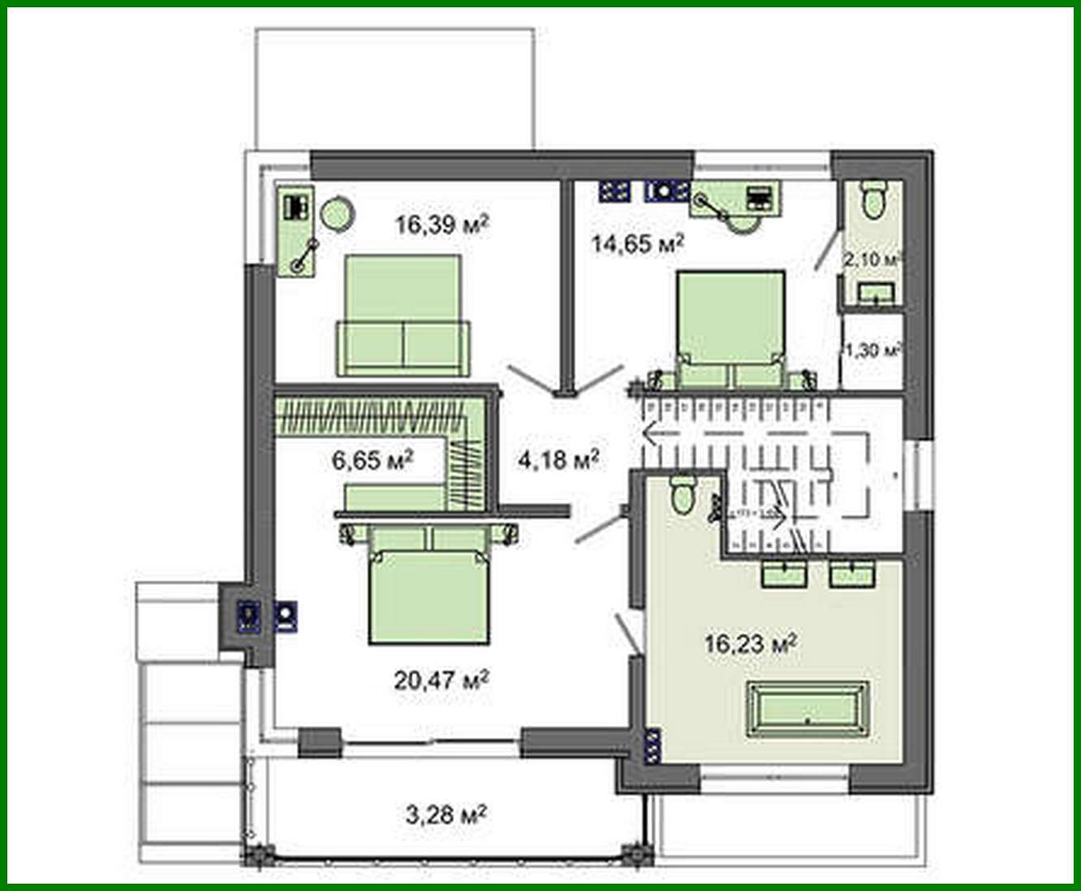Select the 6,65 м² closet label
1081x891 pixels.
373,460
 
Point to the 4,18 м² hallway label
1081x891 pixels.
558,460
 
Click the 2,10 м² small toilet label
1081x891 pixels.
872,260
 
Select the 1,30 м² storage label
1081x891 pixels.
872,351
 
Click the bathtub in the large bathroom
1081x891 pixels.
807,709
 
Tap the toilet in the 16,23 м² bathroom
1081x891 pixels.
681,494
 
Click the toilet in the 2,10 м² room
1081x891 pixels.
873,198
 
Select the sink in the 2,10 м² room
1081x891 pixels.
876,293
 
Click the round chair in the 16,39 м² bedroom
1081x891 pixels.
336,214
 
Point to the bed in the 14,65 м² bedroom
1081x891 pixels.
731,328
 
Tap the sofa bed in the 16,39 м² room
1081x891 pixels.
404,316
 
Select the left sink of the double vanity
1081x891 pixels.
784,574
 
